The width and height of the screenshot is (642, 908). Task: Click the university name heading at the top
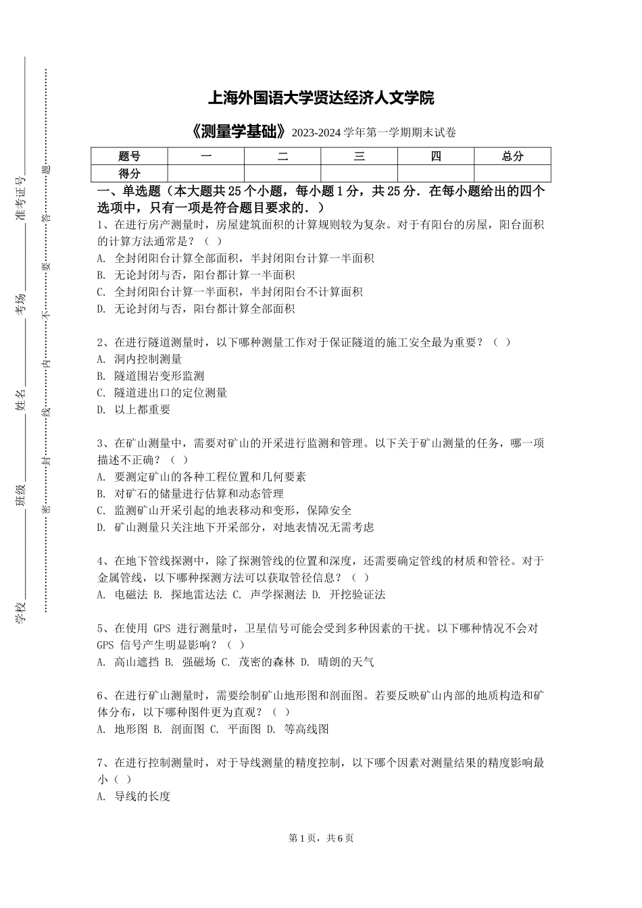(320, 99)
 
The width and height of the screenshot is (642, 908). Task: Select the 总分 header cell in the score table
(512, 156)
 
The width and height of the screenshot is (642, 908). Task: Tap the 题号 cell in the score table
(129, 156)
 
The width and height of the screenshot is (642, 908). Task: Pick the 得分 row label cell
(129, 174)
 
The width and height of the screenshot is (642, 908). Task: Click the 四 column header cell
(436, 156)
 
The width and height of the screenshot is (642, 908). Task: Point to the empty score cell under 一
(206, 174)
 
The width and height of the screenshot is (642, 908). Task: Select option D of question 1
(196, 309)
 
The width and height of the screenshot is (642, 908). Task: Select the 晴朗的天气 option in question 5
(337, 662)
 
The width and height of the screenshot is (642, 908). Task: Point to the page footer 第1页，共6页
(321, 838)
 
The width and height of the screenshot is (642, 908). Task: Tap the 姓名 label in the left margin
(20, 400)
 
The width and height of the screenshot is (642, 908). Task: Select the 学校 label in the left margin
(20, 612)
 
